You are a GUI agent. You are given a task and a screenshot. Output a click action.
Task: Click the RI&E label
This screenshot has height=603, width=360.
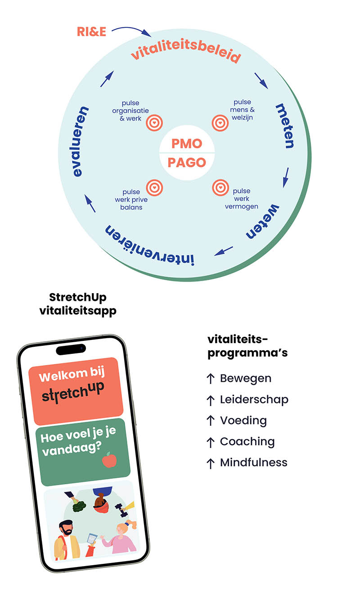click(91, 32)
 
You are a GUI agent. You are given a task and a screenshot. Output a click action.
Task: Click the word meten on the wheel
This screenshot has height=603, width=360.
click(284, 126)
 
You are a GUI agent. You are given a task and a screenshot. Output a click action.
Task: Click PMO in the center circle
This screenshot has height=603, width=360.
click(187, 144)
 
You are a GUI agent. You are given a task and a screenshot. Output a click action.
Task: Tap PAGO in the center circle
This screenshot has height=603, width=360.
click(187, 163)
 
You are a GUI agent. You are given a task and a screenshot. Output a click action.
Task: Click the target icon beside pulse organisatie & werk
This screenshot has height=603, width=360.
click(154, 123)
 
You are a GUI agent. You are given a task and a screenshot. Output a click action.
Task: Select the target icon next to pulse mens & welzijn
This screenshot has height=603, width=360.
click(220, 123)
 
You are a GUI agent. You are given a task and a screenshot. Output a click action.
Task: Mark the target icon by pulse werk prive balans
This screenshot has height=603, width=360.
click(154, 188)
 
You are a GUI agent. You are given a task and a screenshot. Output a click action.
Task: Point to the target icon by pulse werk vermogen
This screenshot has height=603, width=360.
click(220, 188)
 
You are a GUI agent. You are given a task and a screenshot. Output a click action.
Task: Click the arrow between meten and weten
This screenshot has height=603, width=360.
click(286, 178)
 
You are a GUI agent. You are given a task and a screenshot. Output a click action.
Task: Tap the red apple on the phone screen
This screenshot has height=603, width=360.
click(109, 460)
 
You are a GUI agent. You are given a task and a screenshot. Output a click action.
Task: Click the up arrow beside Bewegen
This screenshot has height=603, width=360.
click(211, 379)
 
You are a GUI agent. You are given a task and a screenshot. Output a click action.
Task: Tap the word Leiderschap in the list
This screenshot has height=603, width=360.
click(254, 400)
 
